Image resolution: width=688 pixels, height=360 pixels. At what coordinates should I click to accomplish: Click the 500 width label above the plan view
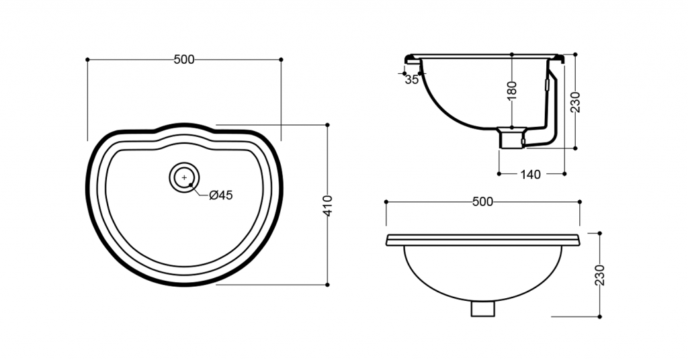(x=184, y=60)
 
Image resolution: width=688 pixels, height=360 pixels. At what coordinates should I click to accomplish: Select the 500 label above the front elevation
(x=482, y=201)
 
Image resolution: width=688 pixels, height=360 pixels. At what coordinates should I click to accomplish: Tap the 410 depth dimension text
(x=328, y=206)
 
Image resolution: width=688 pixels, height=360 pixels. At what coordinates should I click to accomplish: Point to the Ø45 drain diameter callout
(x=221, y=195)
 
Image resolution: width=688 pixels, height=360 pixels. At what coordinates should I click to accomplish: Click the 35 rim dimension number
(x=412, y=80)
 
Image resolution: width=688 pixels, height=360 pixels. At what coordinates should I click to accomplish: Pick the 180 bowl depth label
(x=512, y=90)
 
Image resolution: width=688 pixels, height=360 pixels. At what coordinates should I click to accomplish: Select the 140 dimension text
(x=531, y=175)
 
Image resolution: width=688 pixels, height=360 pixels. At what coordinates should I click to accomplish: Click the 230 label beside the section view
(x=575, y=102)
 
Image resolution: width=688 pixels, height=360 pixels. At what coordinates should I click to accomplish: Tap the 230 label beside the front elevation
(x=600, y=275)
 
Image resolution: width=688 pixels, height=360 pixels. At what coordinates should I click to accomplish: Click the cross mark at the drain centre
(x=184, y=177)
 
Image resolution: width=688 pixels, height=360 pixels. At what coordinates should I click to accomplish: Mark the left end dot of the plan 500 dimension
(x=87, y=59)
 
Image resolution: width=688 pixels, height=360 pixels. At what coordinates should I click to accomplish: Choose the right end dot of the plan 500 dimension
(x=281, y=59)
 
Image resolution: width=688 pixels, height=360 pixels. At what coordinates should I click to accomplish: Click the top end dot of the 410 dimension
(x=327, y=125)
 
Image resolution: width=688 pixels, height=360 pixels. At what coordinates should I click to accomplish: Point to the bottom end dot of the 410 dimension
(x=327, y=285)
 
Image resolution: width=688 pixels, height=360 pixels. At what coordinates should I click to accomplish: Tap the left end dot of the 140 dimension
(x=499, y=174)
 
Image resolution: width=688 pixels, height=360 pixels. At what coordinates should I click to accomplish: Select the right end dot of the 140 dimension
(x=564, y=174)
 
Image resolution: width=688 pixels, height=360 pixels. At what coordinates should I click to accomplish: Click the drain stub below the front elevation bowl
(x=482, y=308)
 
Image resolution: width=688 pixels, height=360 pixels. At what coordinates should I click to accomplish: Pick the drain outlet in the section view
(x=511, y=138)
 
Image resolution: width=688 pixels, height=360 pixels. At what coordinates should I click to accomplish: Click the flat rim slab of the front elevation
(x=482, y=240)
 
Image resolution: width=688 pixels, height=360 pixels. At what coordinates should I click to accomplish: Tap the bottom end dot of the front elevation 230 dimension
(x=600, y=316)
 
